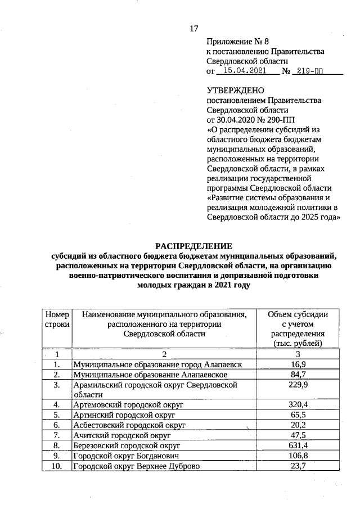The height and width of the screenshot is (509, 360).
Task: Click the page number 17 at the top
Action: (194, 29)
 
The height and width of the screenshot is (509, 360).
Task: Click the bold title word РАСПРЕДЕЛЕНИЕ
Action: (193, 246)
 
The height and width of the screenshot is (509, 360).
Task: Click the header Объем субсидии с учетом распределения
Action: (298, 328)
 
